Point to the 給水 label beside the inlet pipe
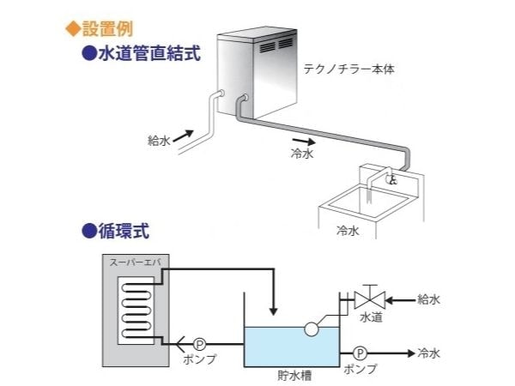158,137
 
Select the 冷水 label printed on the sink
347,231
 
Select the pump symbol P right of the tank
360,353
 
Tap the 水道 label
371,318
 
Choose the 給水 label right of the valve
428,299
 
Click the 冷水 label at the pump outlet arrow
428,353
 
